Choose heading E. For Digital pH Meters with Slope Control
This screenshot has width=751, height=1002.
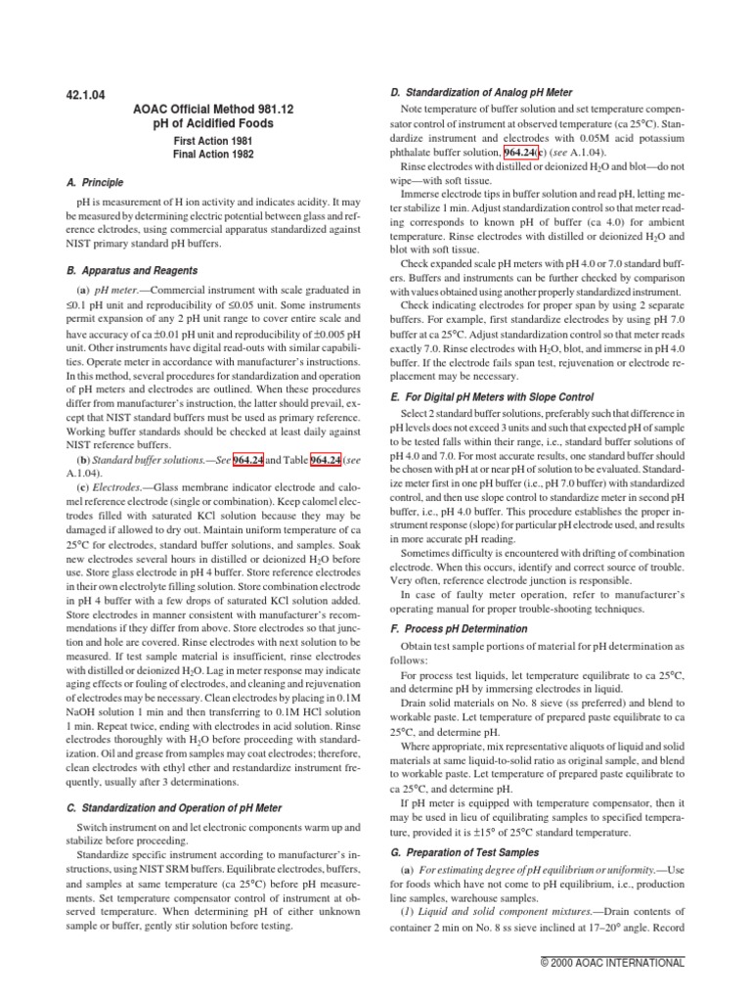click(x=507, y=398)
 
